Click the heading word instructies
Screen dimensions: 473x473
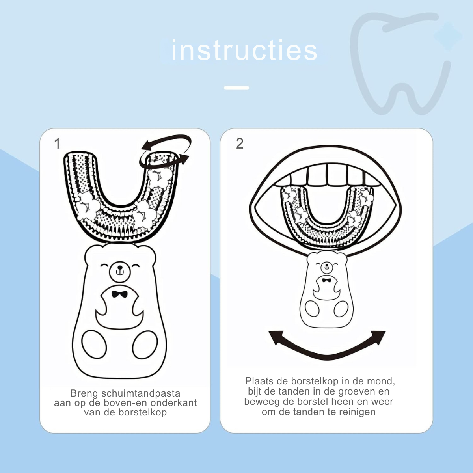coord(244,51)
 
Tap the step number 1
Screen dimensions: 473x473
coord(57,143)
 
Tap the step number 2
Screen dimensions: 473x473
coord(239,143)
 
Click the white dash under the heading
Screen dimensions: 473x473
coord(236,88)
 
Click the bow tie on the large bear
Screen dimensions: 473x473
coord(119,294)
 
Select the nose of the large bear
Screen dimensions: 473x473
coord(119,267)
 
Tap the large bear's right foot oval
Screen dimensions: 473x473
coord(145,345)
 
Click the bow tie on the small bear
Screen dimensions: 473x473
coord(326,280)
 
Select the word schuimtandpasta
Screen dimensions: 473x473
coord(141,393)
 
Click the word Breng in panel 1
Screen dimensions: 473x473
coord(84,393)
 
